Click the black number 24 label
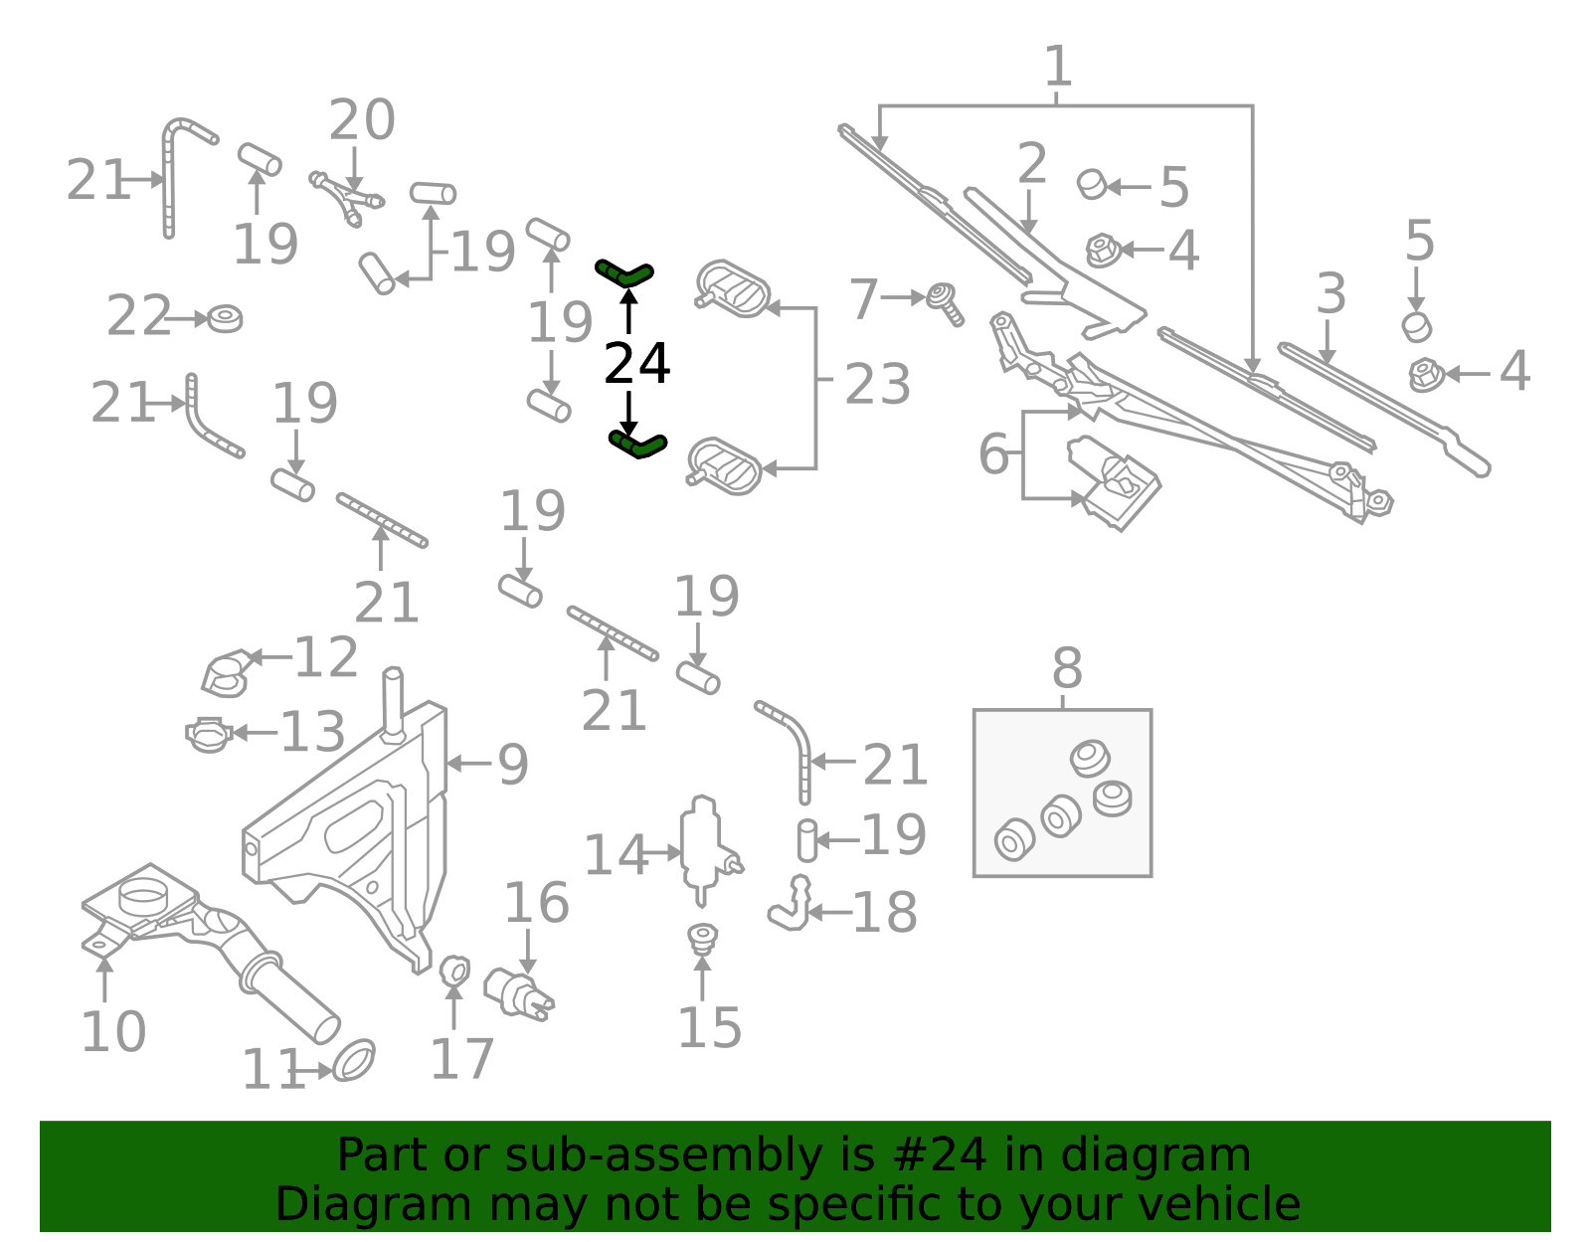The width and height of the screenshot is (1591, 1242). pyautogui.click(x=636, y=364)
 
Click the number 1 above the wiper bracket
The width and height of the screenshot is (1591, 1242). pyautogui.click(x=1058, y=67)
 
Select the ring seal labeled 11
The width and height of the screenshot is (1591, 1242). pyautogui.click(x=353, y=1060)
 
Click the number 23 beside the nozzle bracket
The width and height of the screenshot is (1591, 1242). pyautogui.click(x=877, y=384)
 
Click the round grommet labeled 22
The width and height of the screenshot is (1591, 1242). pyautogui.click(x=226, y=319)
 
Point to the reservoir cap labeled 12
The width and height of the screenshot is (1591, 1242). pyautogui.click(x=226, y=673)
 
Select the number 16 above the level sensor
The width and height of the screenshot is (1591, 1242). pyautogui.click(x=536, y=903)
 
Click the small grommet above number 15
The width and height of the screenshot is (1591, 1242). pyautogui.click(x=703, y=937)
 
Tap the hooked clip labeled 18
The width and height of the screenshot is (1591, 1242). pyautogui.click(x=791, y=905)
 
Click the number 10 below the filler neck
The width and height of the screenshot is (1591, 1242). pyautogui.click(x=112, y=1031)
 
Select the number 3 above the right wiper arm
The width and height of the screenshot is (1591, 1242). pyautogui.click(x=1330, y=294)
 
